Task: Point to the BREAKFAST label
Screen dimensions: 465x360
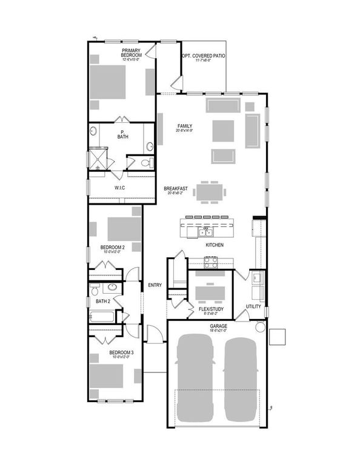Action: click(x=175, y=189)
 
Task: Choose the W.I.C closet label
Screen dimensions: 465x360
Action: click(x=120, y=188)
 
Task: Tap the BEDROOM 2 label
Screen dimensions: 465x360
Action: click(x=112, y=248)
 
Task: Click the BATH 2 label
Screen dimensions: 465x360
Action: click(x=102, y=301)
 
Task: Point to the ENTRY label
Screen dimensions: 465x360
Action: click(x=155, y=285)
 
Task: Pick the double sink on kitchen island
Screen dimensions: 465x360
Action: click(x=204, y=232)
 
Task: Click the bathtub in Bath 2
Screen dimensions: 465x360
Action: click(x=103, y=316)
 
